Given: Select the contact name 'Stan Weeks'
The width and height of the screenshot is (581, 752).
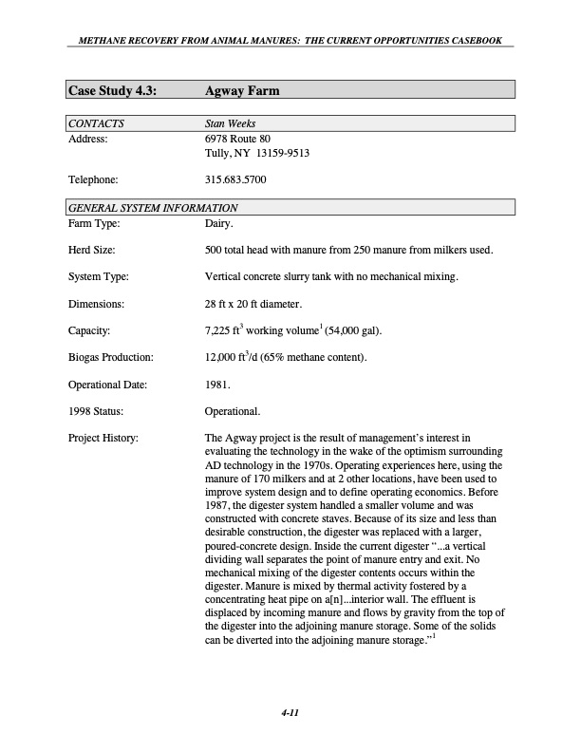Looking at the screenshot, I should [x=230, y=123].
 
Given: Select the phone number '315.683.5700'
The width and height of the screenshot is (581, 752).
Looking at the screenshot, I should [x=235, y=179].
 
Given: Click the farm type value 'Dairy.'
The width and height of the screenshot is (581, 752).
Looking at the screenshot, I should [x=219, y=223].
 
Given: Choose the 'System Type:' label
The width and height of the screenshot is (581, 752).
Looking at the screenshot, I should [x=98, y=277].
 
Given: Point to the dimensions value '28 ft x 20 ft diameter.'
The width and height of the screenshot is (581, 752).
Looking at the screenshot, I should [x=253, y=305].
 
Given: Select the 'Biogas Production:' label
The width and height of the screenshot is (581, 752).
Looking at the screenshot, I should [x=110, y=358].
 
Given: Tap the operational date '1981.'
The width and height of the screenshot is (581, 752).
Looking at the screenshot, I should [x=217, y=385].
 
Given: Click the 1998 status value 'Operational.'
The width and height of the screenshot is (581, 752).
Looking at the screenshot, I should [x=233, y=411].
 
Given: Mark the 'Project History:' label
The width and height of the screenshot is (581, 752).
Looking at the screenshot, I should [x=103, y=438].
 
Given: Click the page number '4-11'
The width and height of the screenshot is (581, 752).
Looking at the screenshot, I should [x=290, y=714].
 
